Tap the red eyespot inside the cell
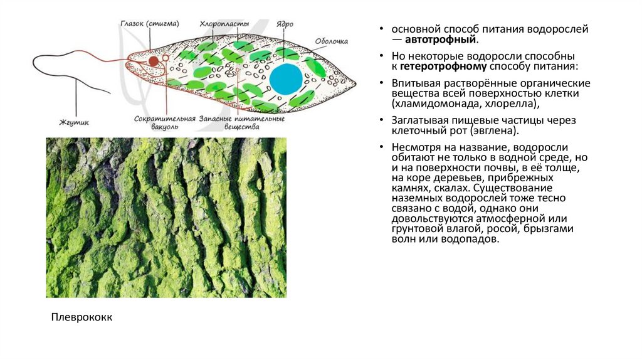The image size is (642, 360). [153, 61]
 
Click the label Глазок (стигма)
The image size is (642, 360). [150, 24]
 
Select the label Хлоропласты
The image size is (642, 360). [220, 24]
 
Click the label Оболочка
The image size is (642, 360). [330, 41]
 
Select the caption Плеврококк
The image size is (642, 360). [82, 317]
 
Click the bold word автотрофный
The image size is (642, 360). [439, 40]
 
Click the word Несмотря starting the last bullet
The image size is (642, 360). [417, 146]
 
